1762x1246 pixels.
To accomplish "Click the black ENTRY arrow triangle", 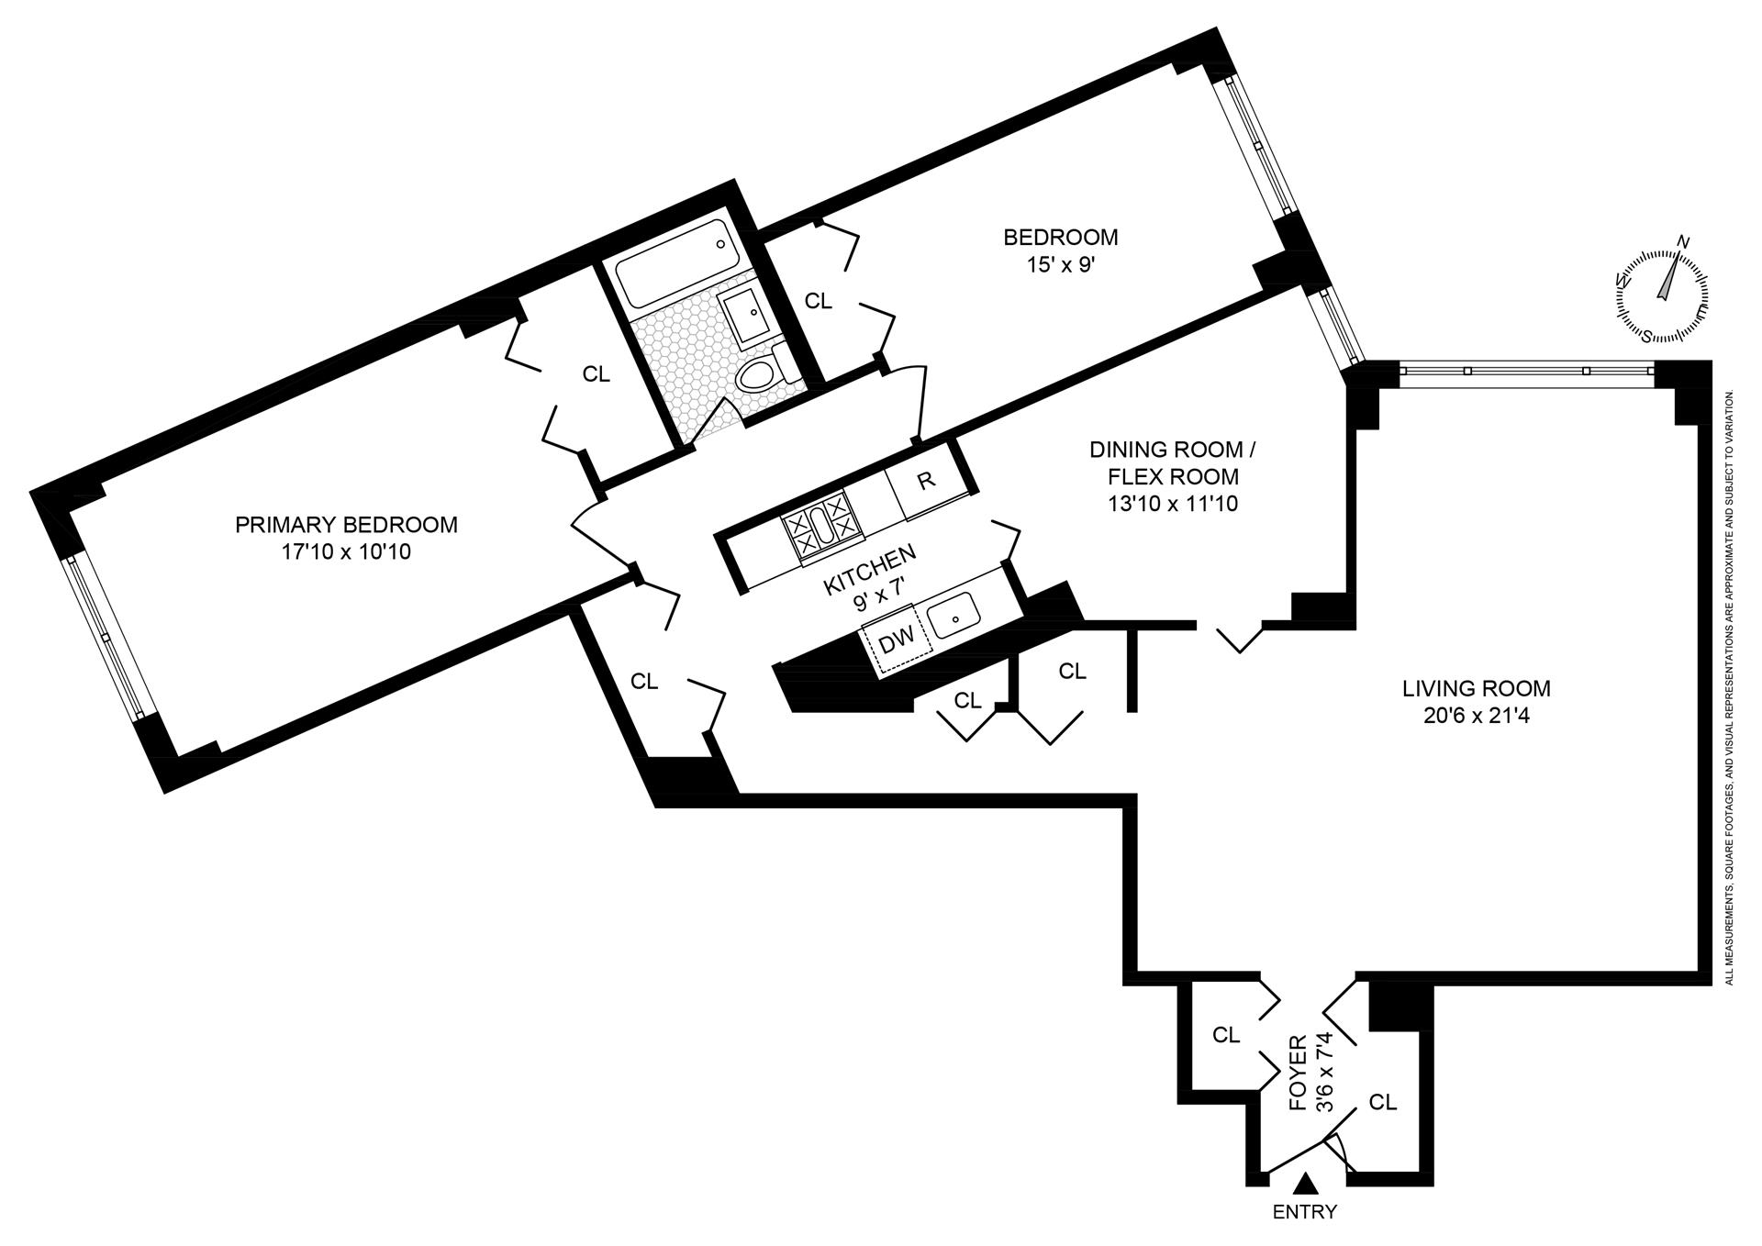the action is coord(1304,1185).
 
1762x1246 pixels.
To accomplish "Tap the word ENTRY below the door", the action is coord(1304,1213).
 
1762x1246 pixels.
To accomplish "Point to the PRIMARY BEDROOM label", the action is coord(346,525).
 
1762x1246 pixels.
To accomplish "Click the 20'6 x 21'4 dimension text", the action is coord(1476,715).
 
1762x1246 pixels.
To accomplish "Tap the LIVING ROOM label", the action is coord(1476,688).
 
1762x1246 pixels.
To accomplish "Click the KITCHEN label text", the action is coord(870,569).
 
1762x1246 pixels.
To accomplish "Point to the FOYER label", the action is coord(1298,1074).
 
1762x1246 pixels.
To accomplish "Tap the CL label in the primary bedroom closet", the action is coord(597,374).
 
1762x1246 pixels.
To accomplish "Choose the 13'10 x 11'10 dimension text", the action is coord(1164,503).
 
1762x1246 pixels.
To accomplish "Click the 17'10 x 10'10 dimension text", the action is coord(346,552).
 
